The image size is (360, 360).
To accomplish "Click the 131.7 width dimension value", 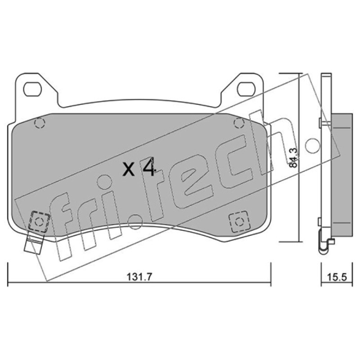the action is tap(139, 277).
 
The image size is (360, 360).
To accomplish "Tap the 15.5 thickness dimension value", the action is tap(336, 277).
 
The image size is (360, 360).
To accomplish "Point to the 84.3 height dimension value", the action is tap(293, 158).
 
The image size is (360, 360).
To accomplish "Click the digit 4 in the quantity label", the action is tap(149, 166).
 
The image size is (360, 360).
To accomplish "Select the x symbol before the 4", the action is tap(129, 169).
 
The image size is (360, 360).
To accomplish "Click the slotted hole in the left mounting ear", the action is tap(32, 89).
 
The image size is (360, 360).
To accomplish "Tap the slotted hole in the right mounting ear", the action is tap(246, 89).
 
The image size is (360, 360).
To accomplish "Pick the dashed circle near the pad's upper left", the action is tap(40, 123).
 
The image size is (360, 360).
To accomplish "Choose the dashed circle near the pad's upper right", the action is tap(239, 123).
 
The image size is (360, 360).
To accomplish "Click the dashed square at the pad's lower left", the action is tap(39, 221).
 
